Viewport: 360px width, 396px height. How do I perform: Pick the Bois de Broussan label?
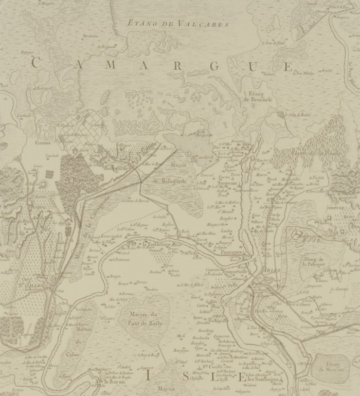point(77,176)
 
